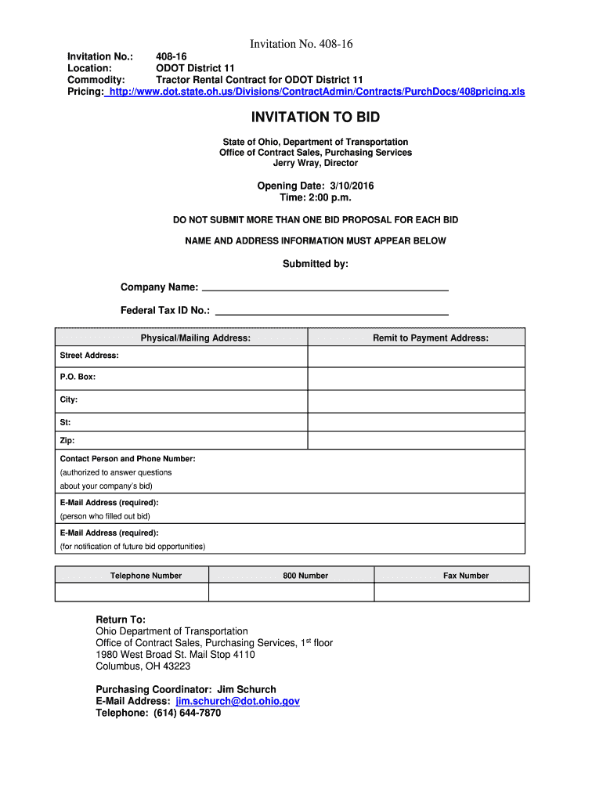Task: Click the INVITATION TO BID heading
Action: tap(315, 117)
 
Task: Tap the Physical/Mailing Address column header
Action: tap(195, 338)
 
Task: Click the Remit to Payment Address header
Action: tap(430, 338)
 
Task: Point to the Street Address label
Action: tap(89, 356)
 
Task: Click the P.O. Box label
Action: tap(78, 377)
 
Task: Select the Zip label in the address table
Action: tap(67, 441)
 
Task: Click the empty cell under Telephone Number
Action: tap(132, 592)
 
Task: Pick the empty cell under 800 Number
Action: tap(291, 592)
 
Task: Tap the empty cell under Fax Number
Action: tap(452, 592)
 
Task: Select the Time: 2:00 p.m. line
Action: tap(316, 198)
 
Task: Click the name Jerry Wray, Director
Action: tap(315, 164)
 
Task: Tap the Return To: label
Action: tap(121, 619)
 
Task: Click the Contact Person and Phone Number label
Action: tap(128, 458)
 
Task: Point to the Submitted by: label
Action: tap(315, 264)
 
